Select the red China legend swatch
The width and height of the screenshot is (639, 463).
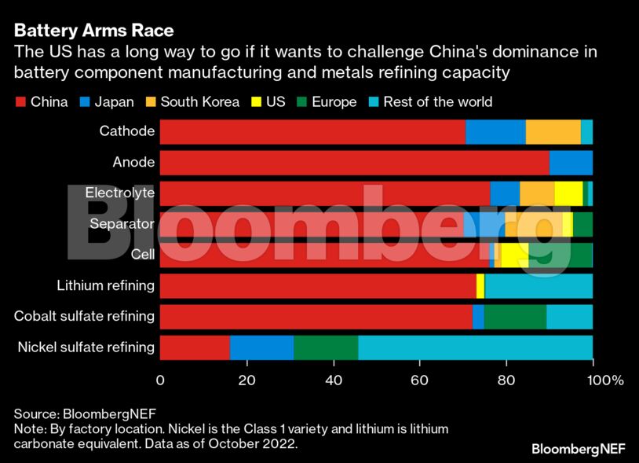20,102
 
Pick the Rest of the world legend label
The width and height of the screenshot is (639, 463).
437,102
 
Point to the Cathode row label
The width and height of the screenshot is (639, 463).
126,131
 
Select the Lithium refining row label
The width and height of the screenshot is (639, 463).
106,285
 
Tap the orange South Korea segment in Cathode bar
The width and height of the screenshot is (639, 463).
553,132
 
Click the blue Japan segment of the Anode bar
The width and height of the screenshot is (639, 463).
571,163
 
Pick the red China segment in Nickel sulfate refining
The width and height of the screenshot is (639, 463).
195,347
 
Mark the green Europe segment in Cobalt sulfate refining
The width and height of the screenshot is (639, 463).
515,316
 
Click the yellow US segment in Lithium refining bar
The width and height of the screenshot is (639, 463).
480,285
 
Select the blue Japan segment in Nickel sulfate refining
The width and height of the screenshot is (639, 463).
261,347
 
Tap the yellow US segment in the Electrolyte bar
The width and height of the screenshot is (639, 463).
568,193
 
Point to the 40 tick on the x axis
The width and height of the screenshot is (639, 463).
334,380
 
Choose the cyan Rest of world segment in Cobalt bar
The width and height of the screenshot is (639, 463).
569,316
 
